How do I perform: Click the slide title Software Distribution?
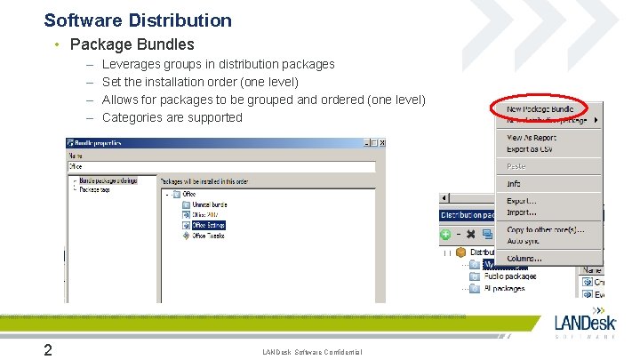[x=138, y=20]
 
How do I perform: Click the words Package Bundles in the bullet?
[x=132, y=44]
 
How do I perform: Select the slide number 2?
[x=50, y=350]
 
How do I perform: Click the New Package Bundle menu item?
[x=540, y=109]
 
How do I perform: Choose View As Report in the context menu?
[x=532, y=138]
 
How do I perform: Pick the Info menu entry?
[x=514, y=183]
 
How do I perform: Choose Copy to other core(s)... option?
[x=545, y=230]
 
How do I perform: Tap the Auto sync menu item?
[x=525, y=241]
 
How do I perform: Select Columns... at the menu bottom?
[x=524, y=259]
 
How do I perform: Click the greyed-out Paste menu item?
[x=516, y=166]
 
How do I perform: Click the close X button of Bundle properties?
[x=382, y=142]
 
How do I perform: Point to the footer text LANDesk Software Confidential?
[x=313, y=353]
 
